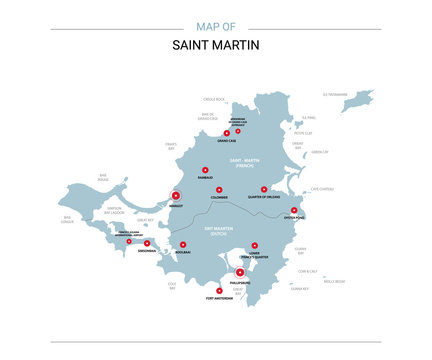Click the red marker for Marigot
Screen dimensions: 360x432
coord(175,196)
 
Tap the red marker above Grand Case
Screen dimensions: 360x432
coord(226,133)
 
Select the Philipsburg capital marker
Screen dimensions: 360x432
coord(239,271)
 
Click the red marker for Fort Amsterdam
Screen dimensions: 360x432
coord(219,290)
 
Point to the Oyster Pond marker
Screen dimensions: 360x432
coord(293,210)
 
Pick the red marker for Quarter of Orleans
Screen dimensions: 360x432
coord(264,188)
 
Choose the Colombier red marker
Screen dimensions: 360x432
coord(219,188)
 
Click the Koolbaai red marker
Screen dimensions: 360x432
coord(185,245)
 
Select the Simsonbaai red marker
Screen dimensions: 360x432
coord(147,243)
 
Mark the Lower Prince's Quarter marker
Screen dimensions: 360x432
coord(255,244)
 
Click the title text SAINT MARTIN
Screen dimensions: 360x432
coord(215,46)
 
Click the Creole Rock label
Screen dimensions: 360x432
coord(213,99)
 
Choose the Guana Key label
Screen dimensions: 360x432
coord(299,288)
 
